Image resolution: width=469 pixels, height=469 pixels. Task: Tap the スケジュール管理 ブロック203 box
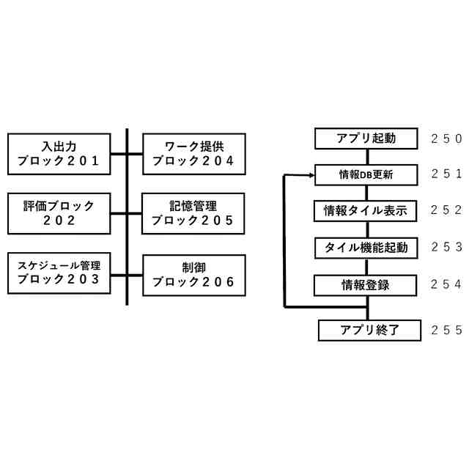click(x=59, y=273)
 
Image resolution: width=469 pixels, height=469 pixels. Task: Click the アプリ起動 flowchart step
click(x=366, y=139)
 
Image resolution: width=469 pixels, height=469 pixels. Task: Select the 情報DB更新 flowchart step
click(x=366, y=175)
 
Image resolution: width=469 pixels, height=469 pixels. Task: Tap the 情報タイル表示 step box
click(x=366, y=211)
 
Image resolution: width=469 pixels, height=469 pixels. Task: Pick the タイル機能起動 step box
click(x=366, y=248)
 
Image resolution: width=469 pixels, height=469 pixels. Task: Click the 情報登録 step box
click(x=366, y=284)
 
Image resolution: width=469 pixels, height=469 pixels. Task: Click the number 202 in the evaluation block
click(x=59, y=220)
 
